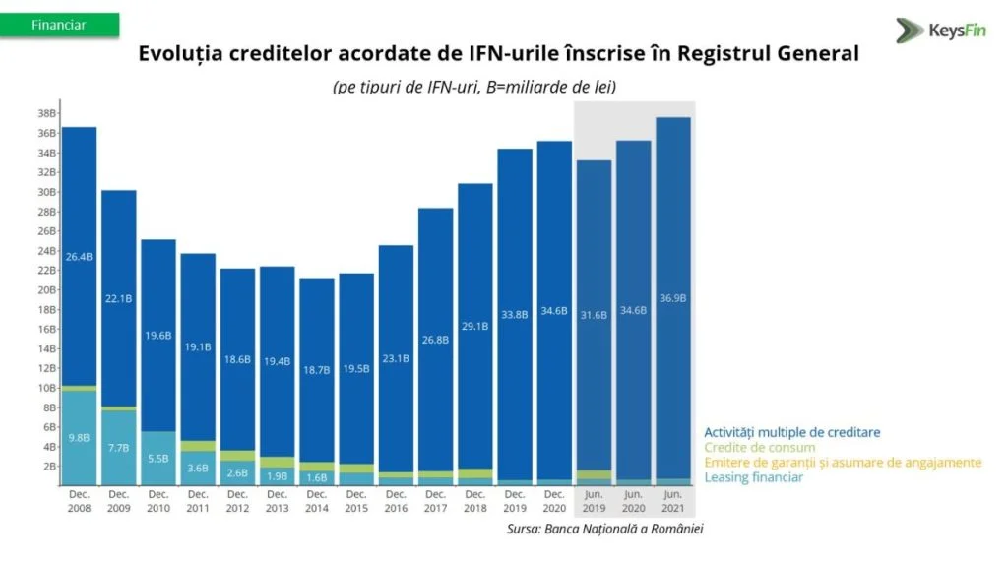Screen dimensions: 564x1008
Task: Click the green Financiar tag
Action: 59,25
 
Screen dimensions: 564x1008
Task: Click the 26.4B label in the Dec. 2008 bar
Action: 79,257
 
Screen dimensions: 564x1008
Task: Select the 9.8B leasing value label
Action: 79,437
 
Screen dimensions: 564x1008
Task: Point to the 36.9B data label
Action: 673,297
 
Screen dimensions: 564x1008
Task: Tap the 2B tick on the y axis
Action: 47,466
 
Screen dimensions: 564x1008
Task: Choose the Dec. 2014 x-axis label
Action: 317,500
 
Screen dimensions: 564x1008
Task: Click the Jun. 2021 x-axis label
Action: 673,500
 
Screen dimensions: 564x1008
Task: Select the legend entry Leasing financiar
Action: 753,477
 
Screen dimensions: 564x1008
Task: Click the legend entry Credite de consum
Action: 759,448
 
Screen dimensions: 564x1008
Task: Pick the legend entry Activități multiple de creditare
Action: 791,432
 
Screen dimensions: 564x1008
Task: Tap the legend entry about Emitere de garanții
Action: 843,463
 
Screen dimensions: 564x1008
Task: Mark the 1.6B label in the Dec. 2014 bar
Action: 317,477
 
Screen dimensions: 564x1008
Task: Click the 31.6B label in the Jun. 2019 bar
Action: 595,315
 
